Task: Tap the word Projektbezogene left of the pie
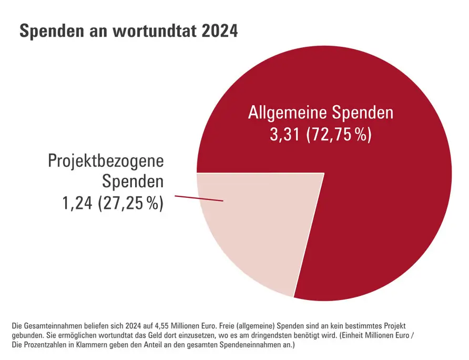click(106, 161)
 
